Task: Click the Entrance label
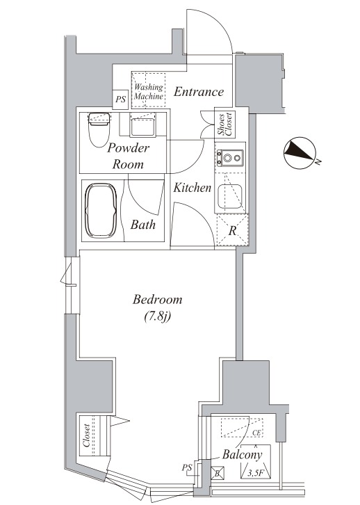pyautogui.click(x=199, y=92)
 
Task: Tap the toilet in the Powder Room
pyautogui.click(x=99, y=129)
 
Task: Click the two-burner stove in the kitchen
pyautogui.click(x=230, y=158)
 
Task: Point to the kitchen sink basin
pyautogui.click(x=230, y=196)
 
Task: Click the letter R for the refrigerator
pyautogui.click(x=232, y=231)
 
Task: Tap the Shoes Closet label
pyautogui.click(x=224, y=125)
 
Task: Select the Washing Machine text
pyautogui.click(x=148, y=91)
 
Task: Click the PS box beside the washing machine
pyautogui.click(x=121, y=99)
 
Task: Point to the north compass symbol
pyautogui.click(x=299, y=153)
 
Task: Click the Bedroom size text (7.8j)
pyautogui.click(x=157, y=316)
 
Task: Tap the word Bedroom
pyautogui.click(x=157, y=300)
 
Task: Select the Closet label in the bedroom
pyautogui.click(x=86, y=435)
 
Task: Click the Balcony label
pyautogui.click(x=243, y=455)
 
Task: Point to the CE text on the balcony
pyautogui.click(x=256, y=433)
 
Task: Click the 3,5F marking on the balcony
pyautogui.click(x=254, y=474)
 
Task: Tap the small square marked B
pyautogui.click(x=218, y=474)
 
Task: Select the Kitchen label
pyautogui.click(x=192, y=188)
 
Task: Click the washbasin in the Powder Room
pyautogui.click(x=143, y=125)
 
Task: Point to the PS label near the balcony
pyautogui.click(x=187, y=467)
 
